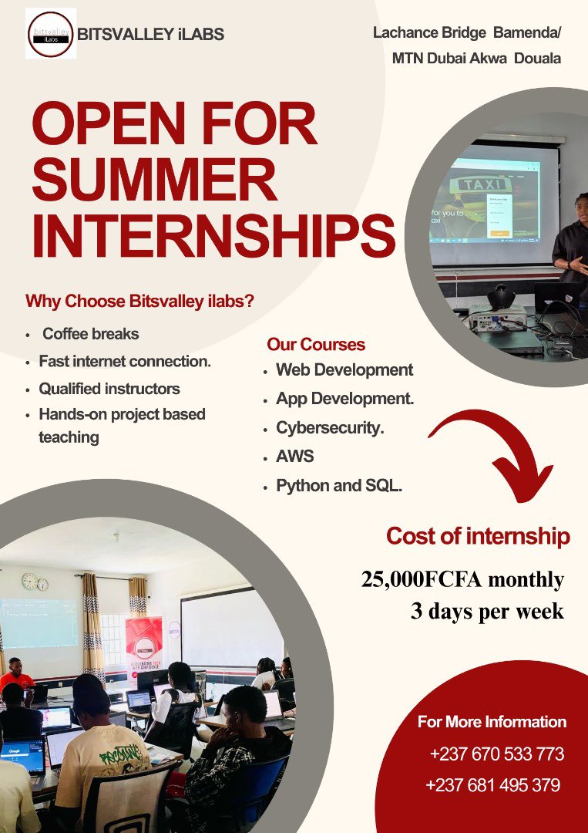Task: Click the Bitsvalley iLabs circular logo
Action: pos(51,34)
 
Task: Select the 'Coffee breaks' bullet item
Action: pos(91,334)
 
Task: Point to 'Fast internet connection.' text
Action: pos(125,361)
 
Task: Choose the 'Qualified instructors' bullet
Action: pos(109,388)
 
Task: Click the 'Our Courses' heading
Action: pos(316,344)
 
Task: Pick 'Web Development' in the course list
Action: pos(344,369)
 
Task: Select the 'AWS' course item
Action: pos(295,456)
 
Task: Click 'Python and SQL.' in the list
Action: pos(339,486)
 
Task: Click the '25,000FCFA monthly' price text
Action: pos(462,579)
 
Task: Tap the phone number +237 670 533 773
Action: pos(496,754)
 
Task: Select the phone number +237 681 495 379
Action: pos(492,785)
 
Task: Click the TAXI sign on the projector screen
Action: pos(483,185)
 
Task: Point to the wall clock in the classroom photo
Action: pos(29,581)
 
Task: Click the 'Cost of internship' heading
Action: pos(478,536)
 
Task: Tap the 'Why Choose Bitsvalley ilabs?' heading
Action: pos(139,301)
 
